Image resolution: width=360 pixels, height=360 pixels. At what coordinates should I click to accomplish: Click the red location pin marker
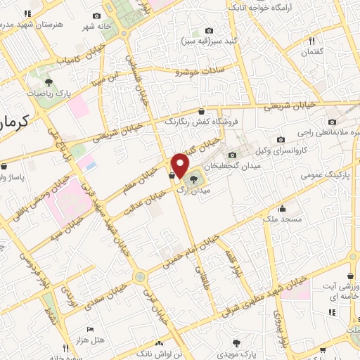tap(180, 166)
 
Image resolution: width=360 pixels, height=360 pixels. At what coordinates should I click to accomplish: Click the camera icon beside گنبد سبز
tap(209, 30)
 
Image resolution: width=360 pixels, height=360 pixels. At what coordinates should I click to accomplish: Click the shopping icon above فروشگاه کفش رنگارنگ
tap(202, 110)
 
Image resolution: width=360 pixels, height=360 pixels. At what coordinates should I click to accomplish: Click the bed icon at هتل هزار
tap(89, 329)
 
